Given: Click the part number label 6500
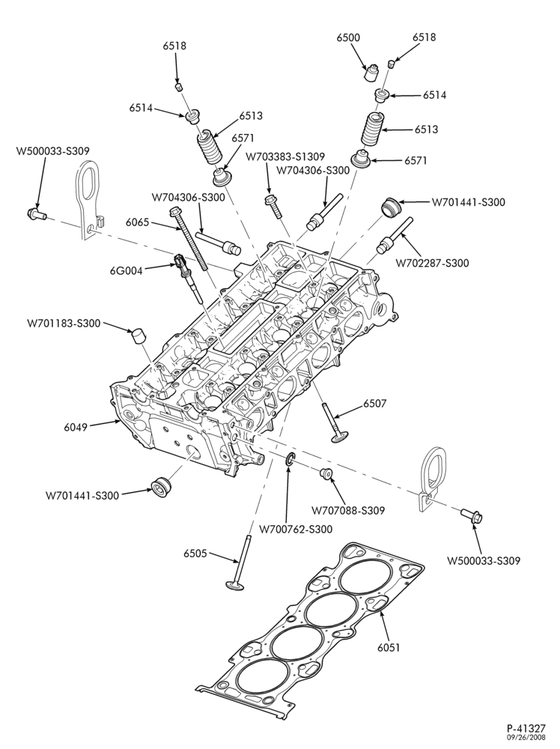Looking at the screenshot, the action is pos(348,37).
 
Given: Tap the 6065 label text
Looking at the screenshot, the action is pos(138,222).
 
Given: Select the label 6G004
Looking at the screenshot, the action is pos(126,271).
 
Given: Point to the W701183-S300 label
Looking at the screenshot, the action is pos(64,324).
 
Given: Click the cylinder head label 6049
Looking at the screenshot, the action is pos(76,427).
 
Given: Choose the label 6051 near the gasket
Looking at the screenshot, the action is pos(388,647).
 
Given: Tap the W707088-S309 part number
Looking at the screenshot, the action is pos(348,511).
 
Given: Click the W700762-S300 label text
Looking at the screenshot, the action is pos(296,529).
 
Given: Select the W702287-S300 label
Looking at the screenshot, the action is pos(432,262).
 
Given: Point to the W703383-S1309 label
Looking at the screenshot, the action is pos(285,157).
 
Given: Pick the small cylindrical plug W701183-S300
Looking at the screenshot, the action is pos(138,336).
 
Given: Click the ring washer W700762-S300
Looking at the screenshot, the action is pos(290,461).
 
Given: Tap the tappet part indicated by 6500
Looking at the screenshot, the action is pos(371,73).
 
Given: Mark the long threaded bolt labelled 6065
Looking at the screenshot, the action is pos(189,240).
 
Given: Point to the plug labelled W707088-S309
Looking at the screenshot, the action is pos(327,473).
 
